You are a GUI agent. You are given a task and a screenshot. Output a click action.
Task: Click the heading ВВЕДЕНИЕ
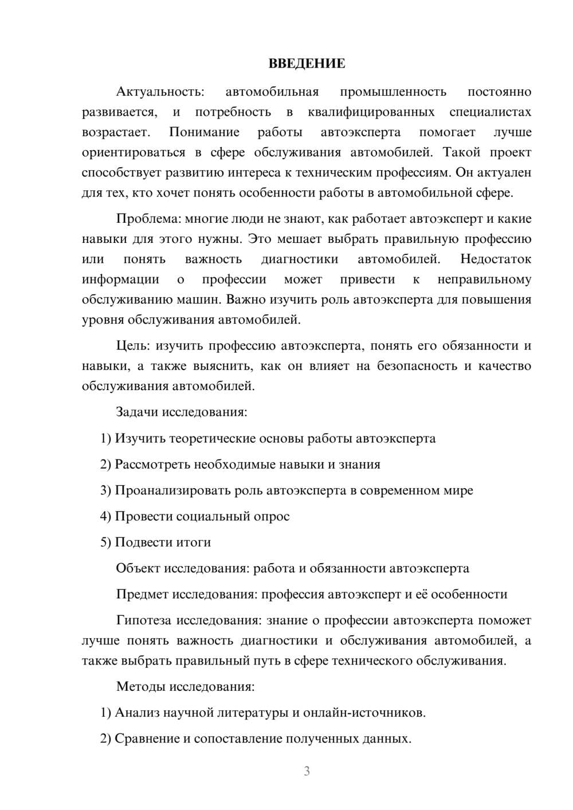tap(307, 64)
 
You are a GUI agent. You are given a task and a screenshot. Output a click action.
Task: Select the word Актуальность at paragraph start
tap(159, 92)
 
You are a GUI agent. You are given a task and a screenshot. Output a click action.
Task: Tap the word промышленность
tap(393, 92)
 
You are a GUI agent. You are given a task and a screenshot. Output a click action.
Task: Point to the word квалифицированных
tap(371, 112)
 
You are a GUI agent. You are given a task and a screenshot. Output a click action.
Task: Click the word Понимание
tap(204, 132)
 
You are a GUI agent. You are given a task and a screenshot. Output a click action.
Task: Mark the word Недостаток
tap(496, 259)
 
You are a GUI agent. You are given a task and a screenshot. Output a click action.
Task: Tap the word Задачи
tap(138, 412)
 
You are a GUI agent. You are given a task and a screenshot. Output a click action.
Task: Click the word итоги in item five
tap(193, 542)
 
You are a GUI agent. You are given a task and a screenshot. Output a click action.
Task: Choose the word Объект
tap(138, 568)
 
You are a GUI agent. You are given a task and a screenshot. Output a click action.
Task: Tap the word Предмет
tap(143, 594)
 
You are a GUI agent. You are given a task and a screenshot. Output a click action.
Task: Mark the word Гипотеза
tap(144, 620)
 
